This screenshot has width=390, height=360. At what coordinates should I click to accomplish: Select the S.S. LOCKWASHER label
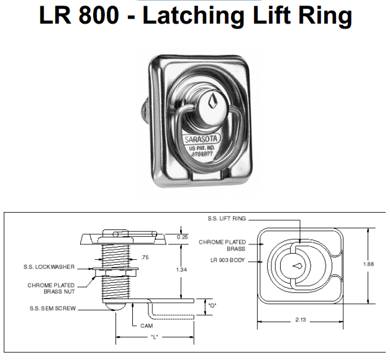point(52,267)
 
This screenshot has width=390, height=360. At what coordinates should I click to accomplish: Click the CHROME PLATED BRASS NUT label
point(52,288)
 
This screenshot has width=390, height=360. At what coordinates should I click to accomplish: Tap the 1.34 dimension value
point(181,269)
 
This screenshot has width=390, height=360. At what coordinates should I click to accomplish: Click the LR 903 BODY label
point(228,261)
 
